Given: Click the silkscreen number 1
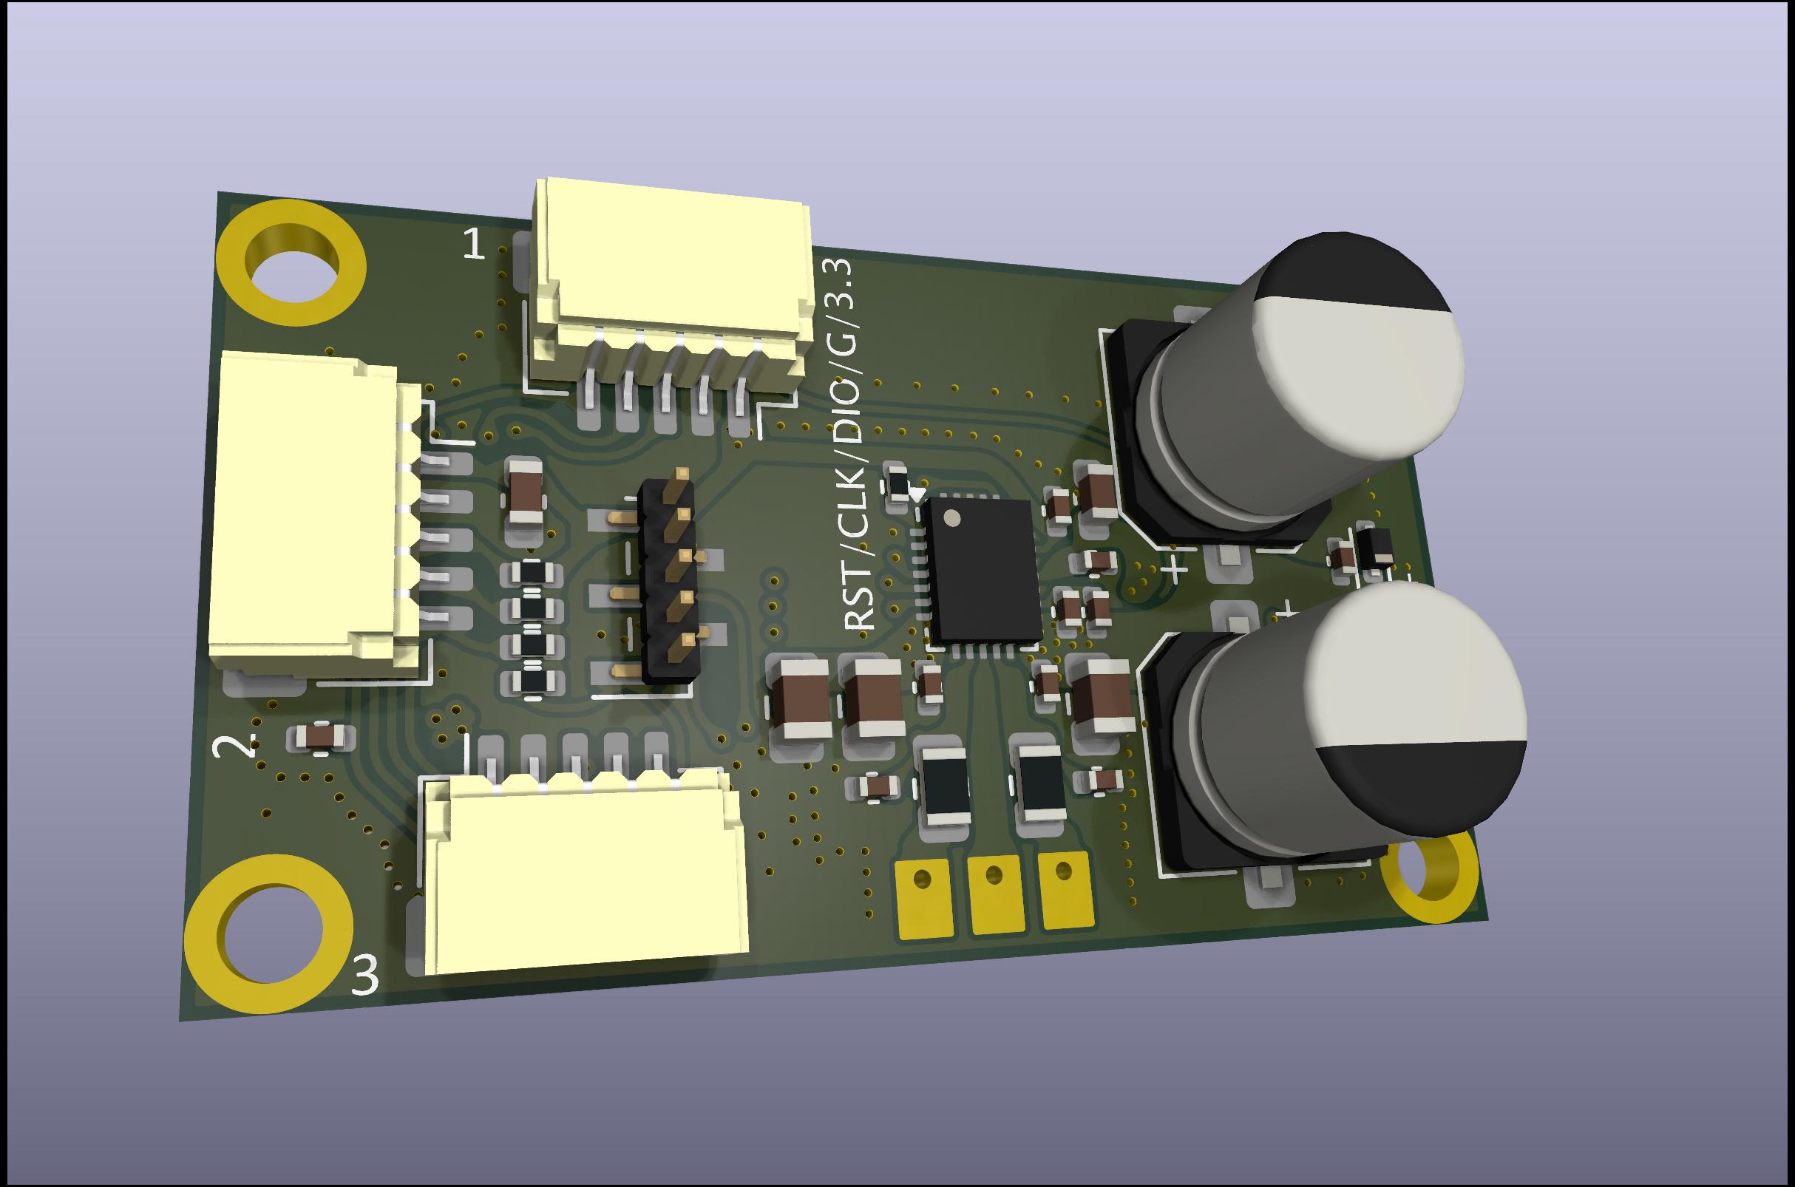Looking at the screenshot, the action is tap(474, 244).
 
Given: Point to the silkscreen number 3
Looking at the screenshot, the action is tap(366, 976).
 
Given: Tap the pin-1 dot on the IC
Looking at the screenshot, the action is tap(951, 518).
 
